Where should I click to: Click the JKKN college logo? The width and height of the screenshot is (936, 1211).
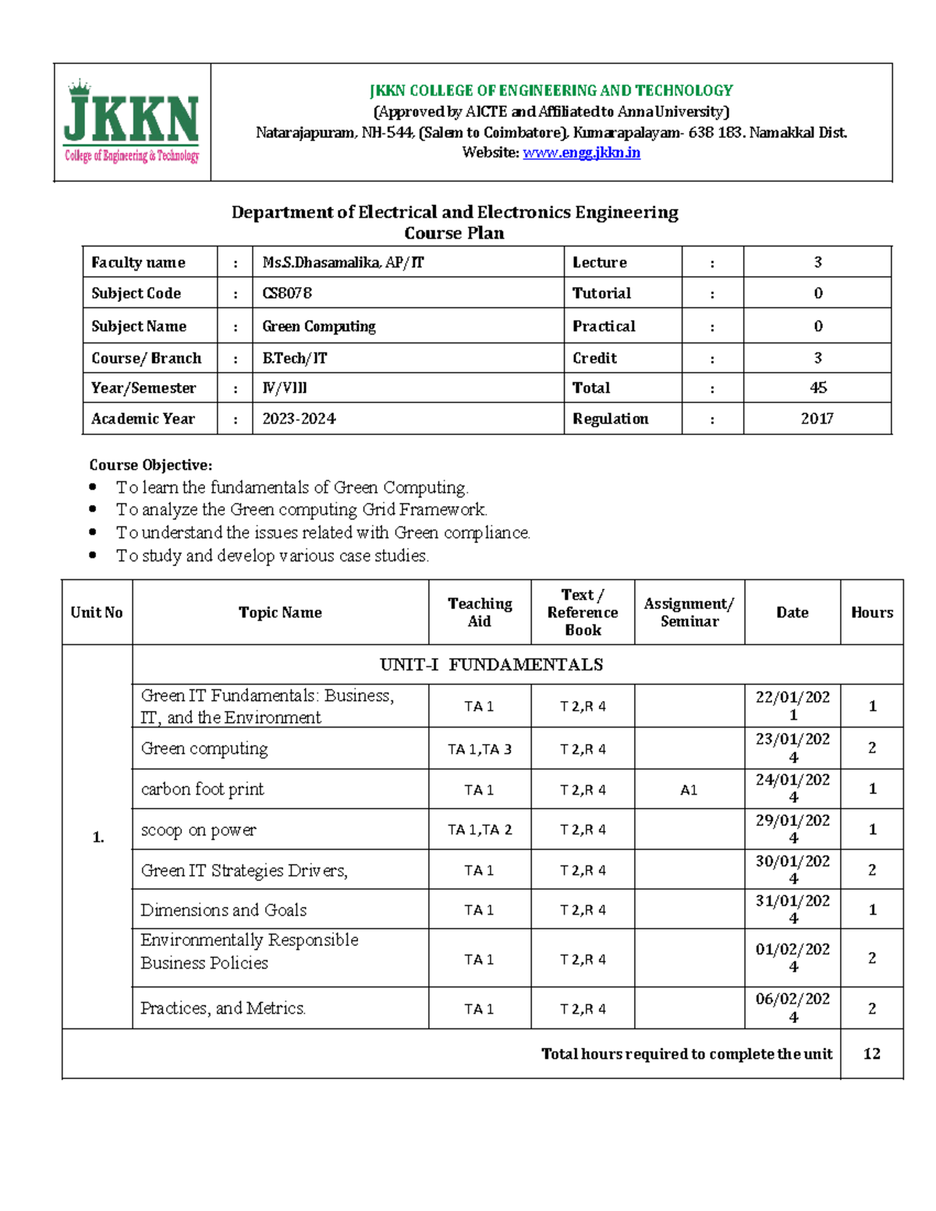click(x=132, y=122)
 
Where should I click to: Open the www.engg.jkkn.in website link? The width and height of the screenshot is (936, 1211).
click(x=581, y=153)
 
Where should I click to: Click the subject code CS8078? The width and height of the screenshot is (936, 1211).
click(x=287, y=293)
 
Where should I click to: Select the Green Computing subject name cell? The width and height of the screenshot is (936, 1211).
click(x=319, y=326)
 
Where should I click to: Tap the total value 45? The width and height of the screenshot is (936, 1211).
click(x=817, y=388)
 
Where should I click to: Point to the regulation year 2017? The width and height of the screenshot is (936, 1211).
click(x=817, y=419)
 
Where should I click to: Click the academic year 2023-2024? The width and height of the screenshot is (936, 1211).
click(x=299, y=419)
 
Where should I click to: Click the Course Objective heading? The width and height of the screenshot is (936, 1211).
click(x=151, y=465)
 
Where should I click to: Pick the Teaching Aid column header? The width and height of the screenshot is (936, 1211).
click(x=480, y=612)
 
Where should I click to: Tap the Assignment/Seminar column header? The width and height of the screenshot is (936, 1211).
click(x=689, y=612)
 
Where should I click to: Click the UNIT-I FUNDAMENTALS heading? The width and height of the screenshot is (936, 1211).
click(x=491, y=664)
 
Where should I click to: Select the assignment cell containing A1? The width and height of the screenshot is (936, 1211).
click(x=689, y=790)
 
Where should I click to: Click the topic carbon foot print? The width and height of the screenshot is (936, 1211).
click(x=202, y=789)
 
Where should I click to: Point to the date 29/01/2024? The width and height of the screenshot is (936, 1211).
click(x=792, y=829)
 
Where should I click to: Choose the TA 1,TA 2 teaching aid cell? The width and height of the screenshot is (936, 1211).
click(x=480, y=830)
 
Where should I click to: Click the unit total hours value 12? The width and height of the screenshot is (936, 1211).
click(x=872, y=1053)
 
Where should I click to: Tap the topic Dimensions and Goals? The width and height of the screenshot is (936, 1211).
click(x=224, y=910)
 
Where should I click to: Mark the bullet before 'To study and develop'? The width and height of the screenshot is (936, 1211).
click(x=94, y=555)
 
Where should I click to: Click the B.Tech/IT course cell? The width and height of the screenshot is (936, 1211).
click(x=295, y=358)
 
